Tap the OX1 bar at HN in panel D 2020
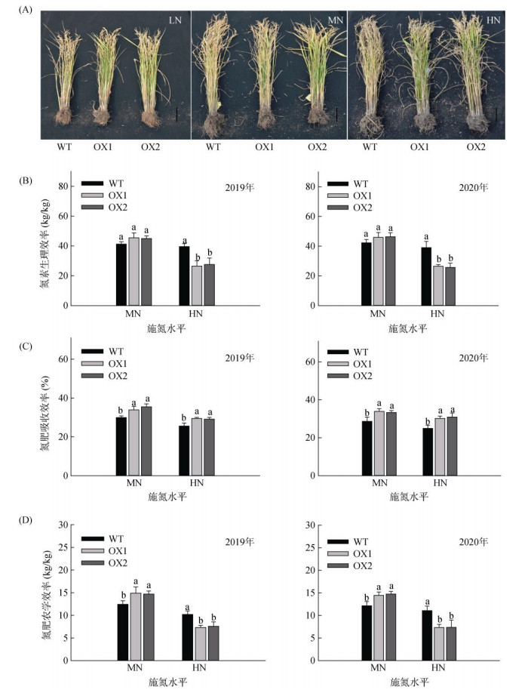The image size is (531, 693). click(438, 644)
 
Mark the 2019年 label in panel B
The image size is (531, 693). click(241, 187)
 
